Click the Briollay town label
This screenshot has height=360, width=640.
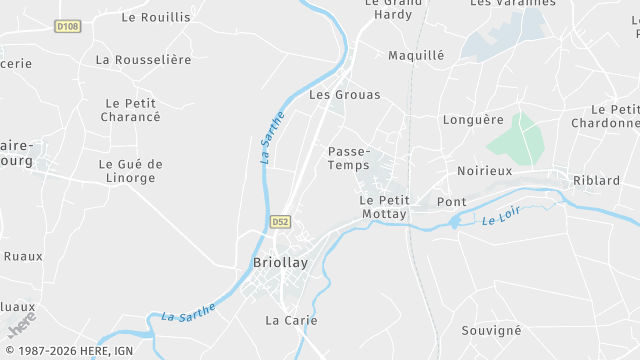point(280,263)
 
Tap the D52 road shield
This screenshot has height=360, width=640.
point(280,222)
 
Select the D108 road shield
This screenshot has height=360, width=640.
point(67,27)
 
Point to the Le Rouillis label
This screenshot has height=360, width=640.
point(155,17)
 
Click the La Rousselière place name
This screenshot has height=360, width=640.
point(143,60)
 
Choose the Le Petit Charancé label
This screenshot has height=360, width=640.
point(131,110)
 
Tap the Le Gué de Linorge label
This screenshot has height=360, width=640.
point(130,171)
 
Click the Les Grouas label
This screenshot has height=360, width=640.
point(345,95)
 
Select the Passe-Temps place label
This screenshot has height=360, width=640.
point(349,158)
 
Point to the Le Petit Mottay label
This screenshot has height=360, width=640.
point(383,207)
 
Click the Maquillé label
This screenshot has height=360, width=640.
point(415,55)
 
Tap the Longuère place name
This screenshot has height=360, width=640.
point(473,120)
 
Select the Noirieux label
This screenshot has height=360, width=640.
point(484,171)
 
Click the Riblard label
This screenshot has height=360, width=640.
point(596,180)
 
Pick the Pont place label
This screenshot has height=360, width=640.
point(452,202)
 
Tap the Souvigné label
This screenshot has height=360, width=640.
point(492,330)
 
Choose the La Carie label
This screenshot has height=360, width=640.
point(291,320)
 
